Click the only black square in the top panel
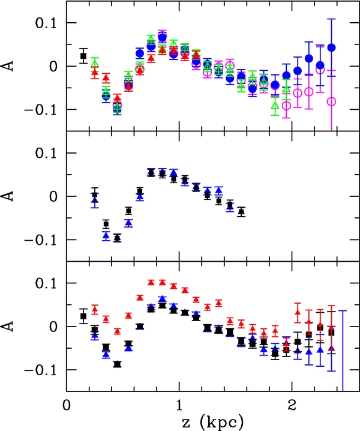tap(83, 56)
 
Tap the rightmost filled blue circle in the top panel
tap(332, 47)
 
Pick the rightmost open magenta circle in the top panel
tap(331, 101)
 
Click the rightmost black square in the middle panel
tap(241, 212)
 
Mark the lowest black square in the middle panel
tap(118, 238)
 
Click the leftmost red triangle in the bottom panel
tap(95, 310)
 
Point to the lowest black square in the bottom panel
tap(118, 364)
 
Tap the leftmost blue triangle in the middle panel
tap(95, 200)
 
